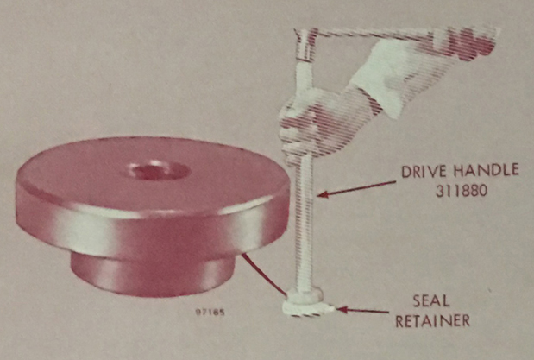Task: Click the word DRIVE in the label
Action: [x=424, y=171]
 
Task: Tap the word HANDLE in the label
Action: [x=487, y=170]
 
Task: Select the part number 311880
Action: [x=462, y=191]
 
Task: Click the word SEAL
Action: [x=431, y=301]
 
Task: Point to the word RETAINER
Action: [x=432, y=321]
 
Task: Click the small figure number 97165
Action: [x=210, y=312]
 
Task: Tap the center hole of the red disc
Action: [x=160, y=170]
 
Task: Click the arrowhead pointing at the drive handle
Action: [x=322, y=194]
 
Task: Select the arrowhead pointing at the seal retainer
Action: [x=342, y=310]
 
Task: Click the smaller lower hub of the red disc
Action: [x=153, y=277]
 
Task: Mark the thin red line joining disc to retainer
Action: [x=264, y=275]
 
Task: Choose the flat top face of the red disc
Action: [x=154, y=174]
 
